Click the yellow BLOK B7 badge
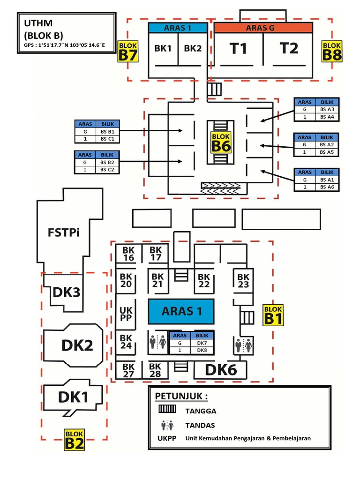pyautogui.click(x=128, y=51)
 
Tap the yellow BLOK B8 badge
pyautogui.click(x=332, y=51)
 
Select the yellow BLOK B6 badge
pyautogui.click(x=221, y=142)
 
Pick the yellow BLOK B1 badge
pyautogui.click(x=273, y=315)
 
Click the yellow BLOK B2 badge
pyautogui.click(x=75, y=440)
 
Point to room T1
pyautogui.click(x=238, y=48)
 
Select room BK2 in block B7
pyautogui.click(x=193, y=48)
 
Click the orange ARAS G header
pyautogui.click(x=263, y=28)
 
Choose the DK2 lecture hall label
pyautogui.click(x=77, y=345)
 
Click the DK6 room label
pyautogui.click(x=221, y=370)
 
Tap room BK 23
pyautogui.click(x=243, y=281)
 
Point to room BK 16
pyautogui.click(x=128, y=254)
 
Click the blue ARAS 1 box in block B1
pyautogui.click(x=181, y=311)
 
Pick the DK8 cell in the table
pyautogui.click(x=202, y=350)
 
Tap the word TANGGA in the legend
pyautogui.click(x=201, y=411)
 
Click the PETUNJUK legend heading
pyautogui.click(x=181, y=397)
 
